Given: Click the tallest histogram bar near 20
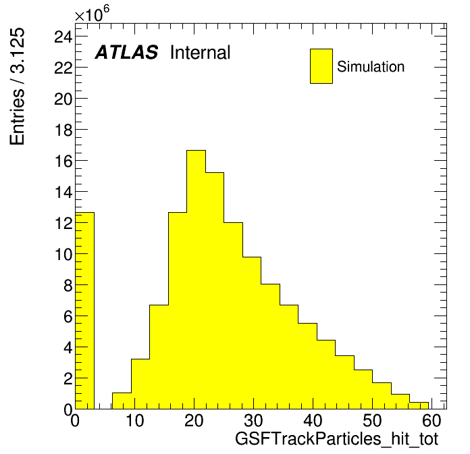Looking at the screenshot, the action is [196, 280].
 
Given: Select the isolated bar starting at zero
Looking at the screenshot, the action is [84, 311].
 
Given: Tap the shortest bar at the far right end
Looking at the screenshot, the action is [419, 406].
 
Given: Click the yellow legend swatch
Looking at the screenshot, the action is [321, 66].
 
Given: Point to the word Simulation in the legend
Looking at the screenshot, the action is [371, 67].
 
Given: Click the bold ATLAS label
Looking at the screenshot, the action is [126, 52].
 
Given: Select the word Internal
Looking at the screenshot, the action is [201, 52].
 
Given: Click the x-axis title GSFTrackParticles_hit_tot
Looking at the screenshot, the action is [336, 439].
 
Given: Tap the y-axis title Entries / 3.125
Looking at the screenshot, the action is [17, 86].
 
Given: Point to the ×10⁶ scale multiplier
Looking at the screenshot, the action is [92, 14].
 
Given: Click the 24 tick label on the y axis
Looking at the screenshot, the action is [63, 37].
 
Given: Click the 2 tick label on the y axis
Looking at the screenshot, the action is [68, 378].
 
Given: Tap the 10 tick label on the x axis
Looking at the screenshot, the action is [134, 420].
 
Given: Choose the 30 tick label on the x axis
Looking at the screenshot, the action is [254, 420].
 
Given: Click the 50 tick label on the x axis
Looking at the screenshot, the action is [372, 420].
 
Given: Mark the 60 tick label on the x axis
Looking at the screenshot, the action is [432, 420].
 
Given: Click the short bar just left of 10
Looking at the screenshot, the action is [122, 401].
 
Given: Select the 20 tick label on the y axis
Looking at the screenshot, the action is [63, 99].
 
